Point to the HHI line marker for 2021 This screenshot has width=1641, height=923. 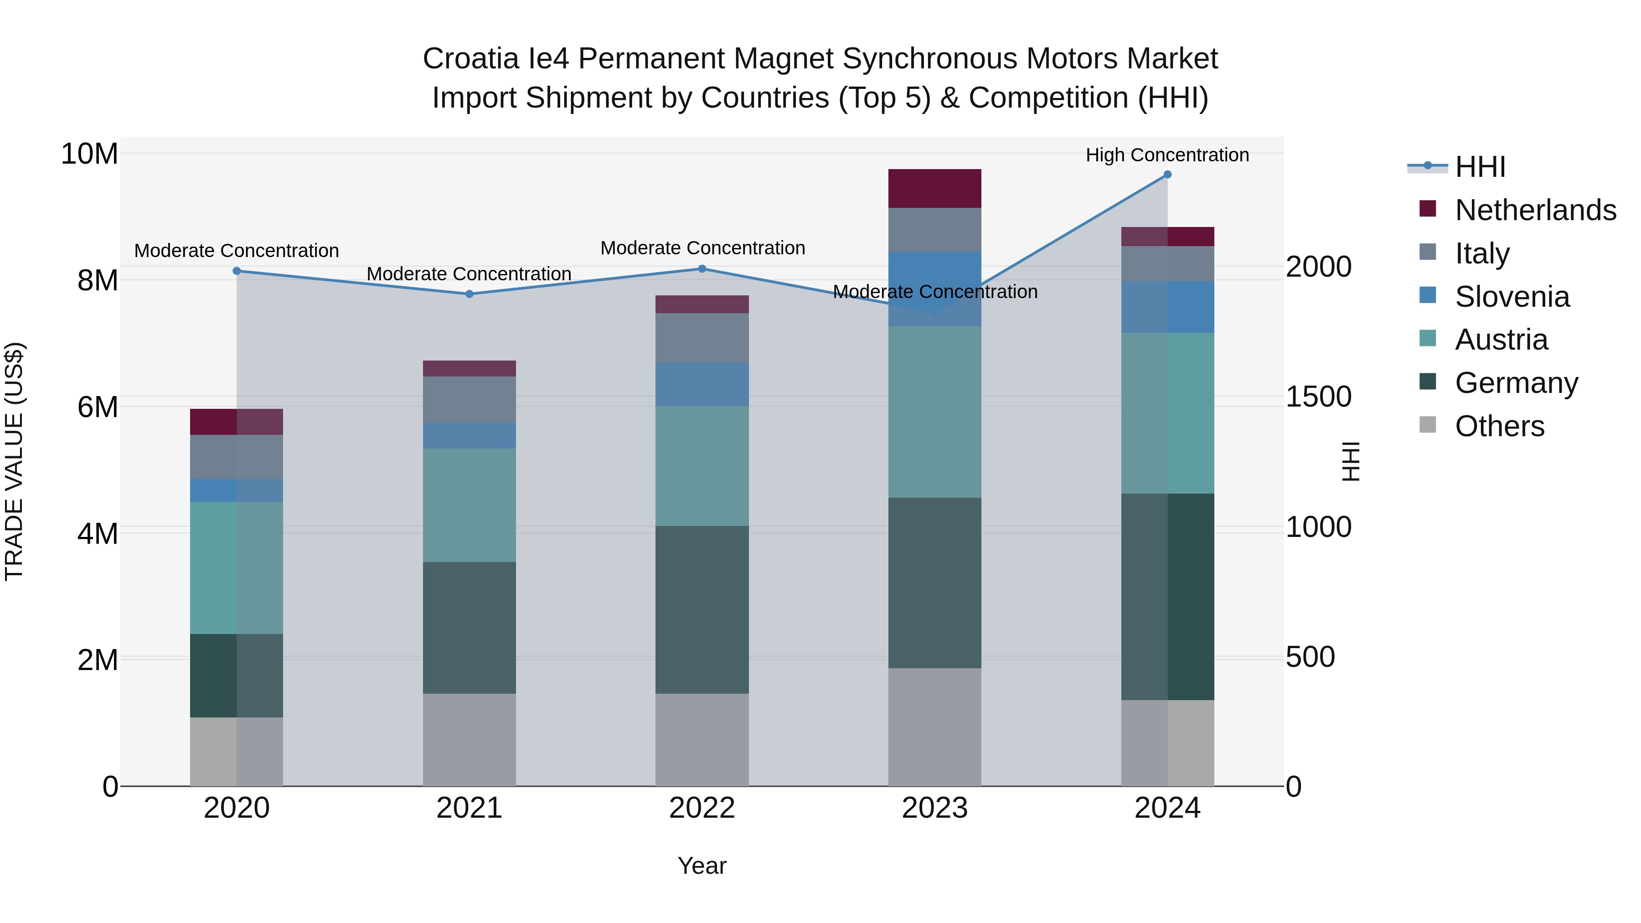pyautogui.click(x=470, y=294)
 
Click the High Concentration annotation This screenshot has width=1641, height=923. pyautogui.click(x=1167, y=155)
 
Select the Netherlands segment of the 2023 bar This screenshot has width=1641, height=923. pyautogui.click(x=934, y=189)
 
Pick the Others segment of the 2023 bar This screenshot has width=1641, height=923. pyautogui.click(x=934, y=727)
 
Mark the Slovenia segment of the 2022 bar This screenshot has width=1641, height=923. pyautogui.click(x=702, y=384)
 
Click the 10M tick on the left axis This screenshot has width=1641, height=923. pyautogui.click(x=89, y=154)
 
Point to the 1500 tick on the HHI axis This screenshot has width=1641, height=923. pyautogui.click(x=1318, y=397)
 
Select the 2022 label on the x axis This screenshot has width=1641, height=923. pyautogui.click(x=702, y=808)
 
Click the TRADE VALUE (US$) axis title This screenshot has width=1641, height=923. pyautogui.click(x=14, y=461)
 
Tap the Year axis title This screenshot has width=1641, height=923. pyautogui.click(x=702, y=866)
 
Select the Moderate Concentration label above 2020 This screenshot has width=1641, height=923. pyautogui.click(x=236, y=251)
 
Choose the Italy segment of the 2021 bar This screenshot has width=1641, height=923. pyautogui.click(x=470, y=399)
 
